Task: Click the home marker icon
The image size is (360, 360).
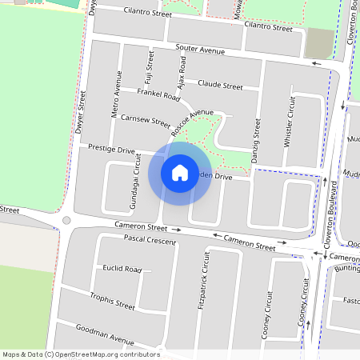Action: [180, 172]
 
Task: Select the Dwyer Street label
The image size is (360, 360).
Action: [80, 111]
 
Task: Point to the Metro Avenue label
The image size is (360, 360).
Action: [117, 94]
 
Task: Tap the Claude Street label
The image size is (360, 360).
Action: [220, 85]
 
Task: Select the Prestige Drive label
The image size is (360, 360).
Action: [112, 150]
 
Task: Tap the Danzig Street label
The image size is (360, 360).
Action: [256, 142]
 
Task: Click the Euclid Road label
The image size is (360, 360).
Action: [122, 270]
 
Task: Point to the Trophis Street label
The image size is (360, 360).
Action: [113, 302]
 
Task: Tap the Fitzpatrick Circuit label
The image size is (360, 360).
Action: [205, 280]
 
